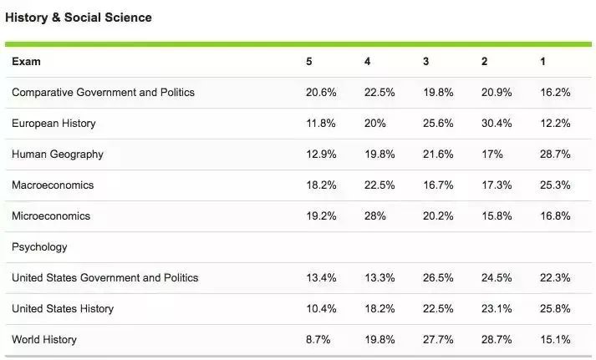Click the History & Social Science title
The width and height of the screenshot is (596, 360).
coord(79,18)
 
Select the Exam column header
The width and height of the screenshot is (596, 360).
coord(26,62)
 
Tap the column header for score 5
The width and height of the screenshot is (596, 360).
coord(309,62)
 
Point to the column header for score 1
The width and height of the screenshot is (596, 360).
coord(543,62)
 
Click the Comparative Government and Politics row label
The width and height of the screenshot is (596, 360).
coord(103,93)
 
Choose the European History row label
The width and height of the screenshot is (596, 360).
coord(53,124)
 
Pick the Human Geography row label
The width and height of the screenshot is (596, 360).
coord(58,155)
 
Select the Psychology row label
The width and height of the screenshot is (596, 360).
coord(39,247)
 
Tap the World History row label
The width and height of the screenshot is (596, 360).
coord(44,340)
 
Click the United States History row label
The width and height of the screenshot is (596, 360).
coord(63,309)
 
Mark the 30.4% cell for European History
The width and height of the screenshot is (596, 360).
coord(497,124)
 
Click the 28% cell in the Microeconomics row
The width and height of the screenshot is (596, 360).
coord(374,216)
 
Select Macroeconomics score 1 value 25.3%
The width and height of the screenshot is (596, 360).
coord(555,185)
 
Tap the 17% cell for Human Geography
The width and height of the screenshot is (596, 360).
coord(492,155)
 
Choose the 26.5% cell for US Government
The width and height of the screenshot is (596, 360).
coord(438,278)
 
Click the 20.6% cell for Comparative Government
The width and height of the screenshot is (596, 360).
coord(321,93)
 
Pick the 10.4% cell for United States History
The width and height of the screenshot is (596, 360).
coord(321,309)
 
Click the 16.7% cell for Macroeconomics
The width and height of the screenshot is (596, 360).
coord(438,185)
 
